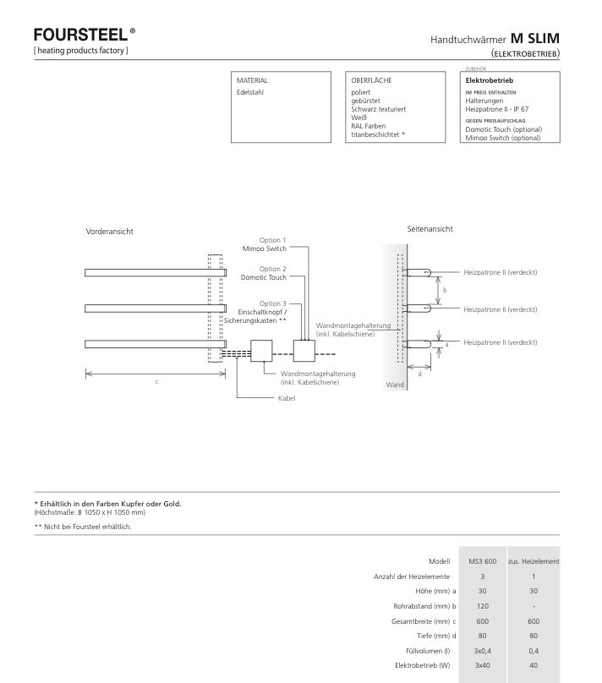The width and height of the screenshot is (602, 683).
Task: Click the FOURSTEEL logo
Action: tap(85, 35)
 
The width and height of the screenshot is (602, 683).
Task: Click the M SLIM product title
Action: tap(535, 38)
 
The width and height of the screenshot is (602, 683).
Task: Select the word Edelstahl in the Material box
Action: tap(250, 92)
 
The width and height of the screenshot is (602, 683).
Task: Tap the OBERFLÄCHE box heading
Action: tap(371, 80)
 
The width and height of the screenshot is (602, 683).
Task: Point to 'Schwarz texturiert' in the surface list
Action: tap(379, 109)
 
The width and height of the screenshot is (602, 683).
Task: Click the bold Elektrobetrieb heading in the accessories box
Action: tap(490, 80)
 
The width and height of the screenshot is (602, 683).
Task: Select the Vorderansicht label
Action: tap(109, 232)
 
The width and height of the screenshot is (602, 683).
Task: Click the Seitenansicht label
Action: tap(430, 229)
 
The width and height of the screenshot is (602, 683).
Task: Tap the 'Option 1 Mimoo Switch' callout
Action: tap(265, 244)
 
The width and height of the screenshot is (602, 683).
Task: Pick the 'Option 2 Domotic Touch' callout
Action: tap(264, 273)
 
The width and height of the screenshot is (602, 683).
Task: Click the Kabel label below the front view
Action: tap(287, 398)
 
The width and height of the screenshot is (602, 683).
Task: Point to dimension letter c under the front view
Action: tap(156, 382)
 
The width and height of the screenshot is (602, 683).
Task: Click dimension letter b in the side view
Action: tap(445, 290)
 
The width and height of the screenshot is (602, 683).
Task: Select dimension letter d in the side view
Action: tap(420, 374)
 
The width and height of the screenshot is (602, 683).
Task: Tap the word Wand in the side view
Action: tap(395, 385)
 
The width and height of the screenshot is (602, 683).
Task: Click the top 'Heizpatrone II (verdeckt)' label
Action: tap(500, 273)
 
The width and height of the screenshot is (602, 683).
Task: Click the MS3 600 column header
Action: tap(483, 561)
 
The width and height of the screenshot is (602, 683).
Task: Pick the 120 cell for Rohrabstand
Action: tap(483, 606)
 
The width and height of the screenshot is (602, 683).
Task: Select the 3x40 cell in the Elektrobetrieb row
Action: tap(483, 665)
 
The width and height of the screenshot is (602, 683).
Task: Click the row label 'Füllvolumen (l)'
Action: tap(428, 651)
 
